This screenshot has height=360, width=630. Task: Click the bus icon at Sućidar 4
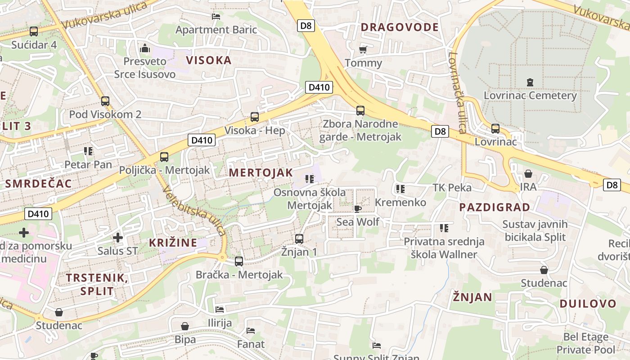click(34, 31)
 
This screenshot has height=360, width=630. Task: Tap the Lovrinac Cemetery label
click(530, 95)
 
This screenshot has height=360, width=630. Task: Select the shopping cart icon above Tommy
click(363, 49)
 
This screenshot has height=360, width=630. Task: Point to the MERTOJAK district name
click(261, 173)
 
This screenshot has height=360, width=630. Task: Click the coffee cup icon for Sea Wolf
click(358, 209)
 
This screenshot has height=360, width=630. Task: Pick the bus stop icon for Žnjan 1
click(299, 239)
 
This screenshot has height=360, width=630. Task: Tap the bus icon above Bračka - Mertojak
click(239, 261)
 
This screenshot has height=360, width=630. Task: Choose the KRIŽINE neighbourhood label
click(173, 243)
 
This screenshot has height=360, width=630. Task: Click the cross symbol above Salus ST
click(117, 237)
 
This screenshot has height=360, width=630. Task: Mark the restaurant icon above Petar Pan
click(88, 151)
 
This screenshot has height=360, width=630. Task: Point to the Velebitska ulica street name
click(195, 211)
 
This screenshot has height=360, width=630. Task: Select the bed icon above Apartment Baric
click(216, 17)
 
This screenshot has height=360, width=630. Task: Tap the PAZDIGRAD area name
click(494, 207)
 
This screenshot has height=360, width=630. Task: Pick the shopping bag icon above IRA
click(528, 174)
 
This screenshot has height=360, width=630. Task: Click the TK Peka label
click(452, 188)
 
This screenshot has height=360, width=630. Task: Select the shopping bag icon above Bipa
click(185, 326)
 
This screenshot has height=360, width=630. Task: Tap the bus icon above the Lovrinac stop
click(495, 129)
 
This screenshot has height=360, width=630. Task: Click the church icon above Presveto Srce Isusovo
click(145, 48)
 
